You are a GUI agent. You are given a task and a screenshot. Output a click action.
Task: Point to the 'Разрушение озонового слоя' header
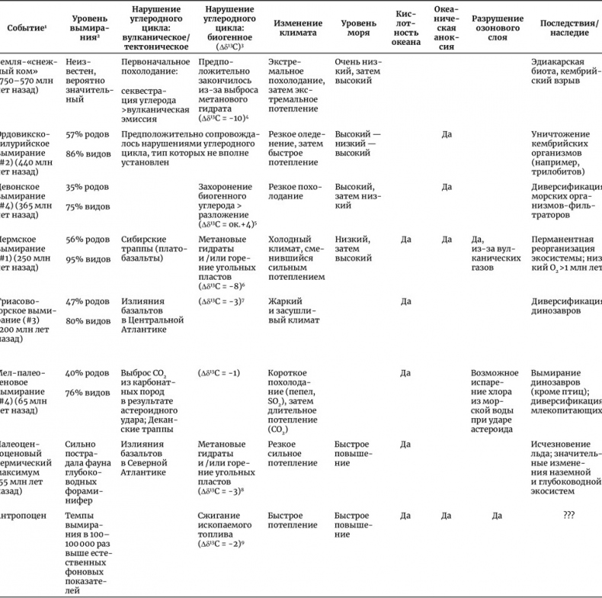point(497,28)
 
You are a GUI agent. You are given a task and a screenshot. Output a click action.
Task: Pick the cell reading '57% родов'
point(86,133)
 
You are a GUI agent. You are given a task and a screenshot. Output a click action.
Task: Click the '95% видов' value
point(86,259)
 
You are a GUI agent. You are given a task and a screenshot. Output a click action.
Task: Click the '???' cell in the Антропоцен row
point(568,515)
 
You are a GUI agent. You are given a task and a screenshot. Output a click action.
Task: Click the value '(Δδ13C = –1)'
point(219,373)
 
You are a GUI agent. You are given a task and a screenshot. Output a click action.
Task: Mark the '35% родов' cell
point(86,187)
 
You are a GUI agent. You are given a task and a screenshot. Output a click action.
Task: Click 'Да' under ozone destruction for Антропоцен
point(497,515)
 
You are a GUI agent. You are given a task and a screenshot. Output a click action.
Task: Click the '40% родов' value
point(86,373)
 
